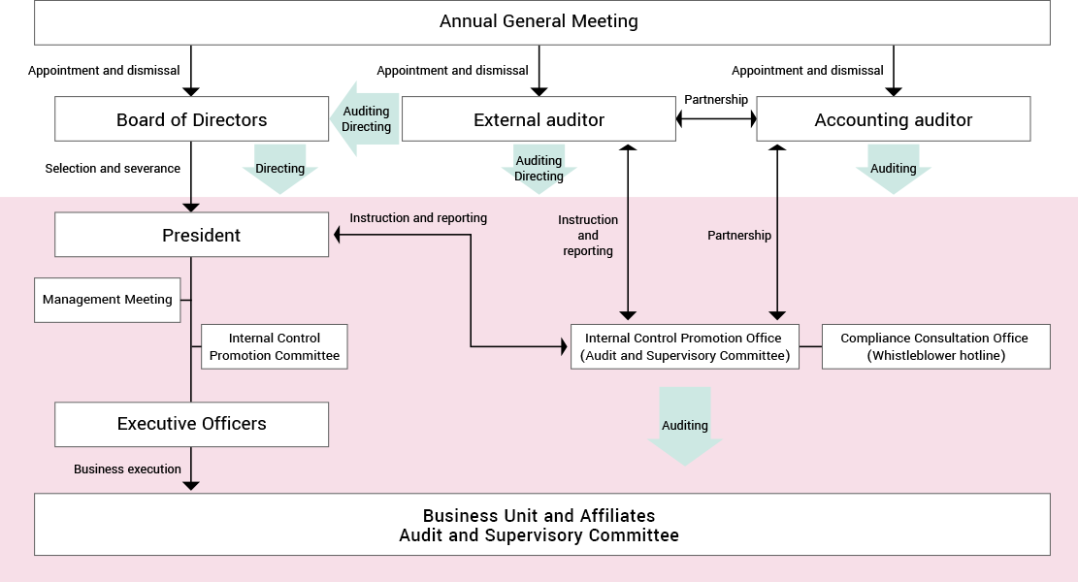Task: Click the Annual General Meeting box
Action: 541,22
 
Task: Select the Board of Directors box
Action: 192,119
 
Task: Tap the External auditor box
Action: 539,119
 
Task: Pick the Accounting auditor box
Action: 893,119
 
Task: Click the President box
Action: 192,235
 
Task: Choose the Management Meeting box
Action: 108,300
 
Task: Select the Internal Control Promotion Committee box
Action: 275,346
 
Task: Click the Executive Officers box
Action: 192,424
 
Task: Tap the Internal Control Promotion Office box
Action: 685,346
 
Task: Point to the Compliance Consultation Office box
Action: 935,346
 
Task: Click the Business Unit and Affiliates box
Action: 541,524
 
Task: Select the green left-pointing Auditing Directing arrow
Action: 365,119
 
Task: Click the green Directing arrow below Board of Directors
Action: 279,169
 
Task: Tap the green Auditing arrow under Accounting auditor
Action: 893,169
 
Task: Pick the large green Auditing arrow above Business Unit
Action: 685,426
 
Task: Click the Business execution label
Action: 127,469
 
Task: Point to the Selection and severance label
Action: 113,169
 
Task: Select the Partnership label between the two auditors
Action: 716,100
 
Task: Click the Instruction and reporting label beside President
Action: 418,218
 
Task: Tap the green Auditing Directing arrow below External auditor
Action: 539,169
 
